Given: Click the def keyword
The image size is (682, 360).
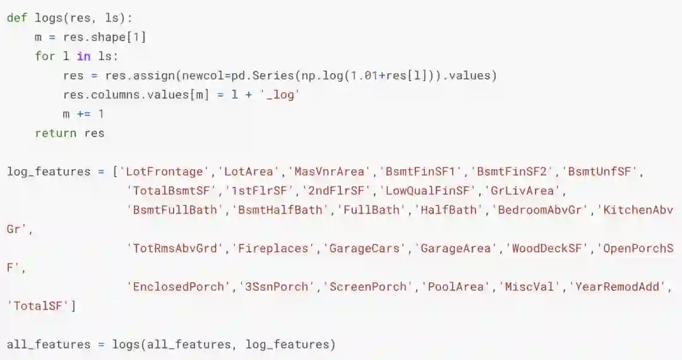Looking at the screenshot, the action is coord(17,18).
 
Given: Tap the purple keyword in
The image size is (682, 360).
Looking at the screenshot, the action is coord(83,56).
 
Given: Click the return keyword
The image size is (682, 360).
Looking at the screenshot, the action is coord(56,133).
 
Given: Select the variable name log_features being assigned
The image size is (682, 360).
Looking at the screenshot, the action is coord(49,172).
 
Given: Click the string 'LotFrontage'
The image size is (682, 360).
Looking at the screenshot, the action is coord(165,172).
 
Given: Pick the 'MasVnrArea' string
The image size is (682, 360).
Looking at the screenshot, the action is coord(326,172).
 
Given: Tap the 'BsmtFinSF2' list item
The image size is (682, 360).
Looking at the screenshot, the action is coord(513,172).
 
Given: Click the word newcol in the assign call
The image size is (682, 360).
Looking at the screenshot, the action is coord(198,76).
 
